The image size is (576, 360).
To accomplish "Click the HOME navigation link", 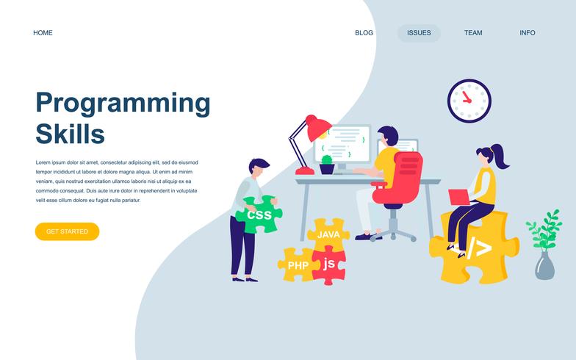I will coord(43,33).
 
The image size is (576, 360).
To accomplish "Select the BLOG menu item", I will coord(364,33).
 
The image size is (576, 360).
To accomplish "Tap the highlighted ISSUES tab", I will coord(419,33).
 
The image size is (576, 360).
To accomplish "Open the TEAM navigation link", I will coord(473,33).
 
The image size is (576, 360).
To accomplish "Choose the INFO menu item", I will coord(528,33).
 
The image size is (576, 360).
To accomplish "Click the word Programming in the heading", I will coord(123,104).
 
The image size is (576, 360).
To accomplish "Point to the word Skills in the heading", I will coord(70,134).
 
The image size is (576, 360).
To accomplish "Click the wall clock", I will coord(469,101).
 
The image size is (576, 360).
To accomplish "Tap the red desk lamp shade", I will coord(318,129).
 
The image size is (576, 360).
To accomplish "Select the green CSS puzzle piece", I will coord(259,215).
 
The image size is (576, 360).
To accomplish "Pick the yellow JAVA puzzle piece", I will coord(328,234).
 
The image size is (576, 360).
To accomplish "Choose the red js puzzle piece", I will coord(329,264).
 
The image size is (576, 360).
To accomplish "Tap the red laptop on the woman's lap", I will coord(461,196).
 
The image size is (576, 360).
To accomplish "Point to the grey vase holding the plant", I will coord(544,266).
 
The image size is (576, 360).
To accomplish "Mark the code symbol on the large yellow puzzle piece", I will coord(478,248).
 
